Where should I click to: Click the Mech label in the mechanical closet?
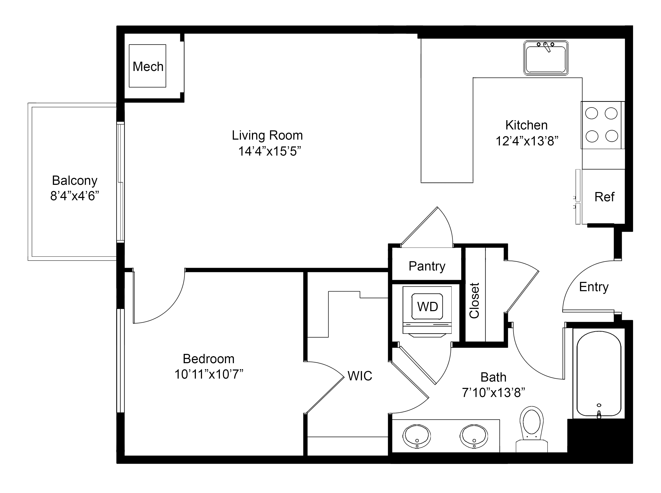148,67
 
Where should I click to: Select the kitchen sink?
545,58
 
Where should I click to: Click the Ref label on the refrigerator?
604,197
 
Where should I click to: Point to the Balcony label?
75,181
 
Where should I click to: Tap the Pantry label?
427,266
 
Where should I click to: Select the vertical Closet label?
474,300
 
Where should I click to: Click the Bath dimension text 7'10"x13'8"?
493,393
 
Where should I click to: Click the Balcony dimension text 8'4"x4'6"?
75,196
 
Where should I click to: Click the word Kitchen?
526,125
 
